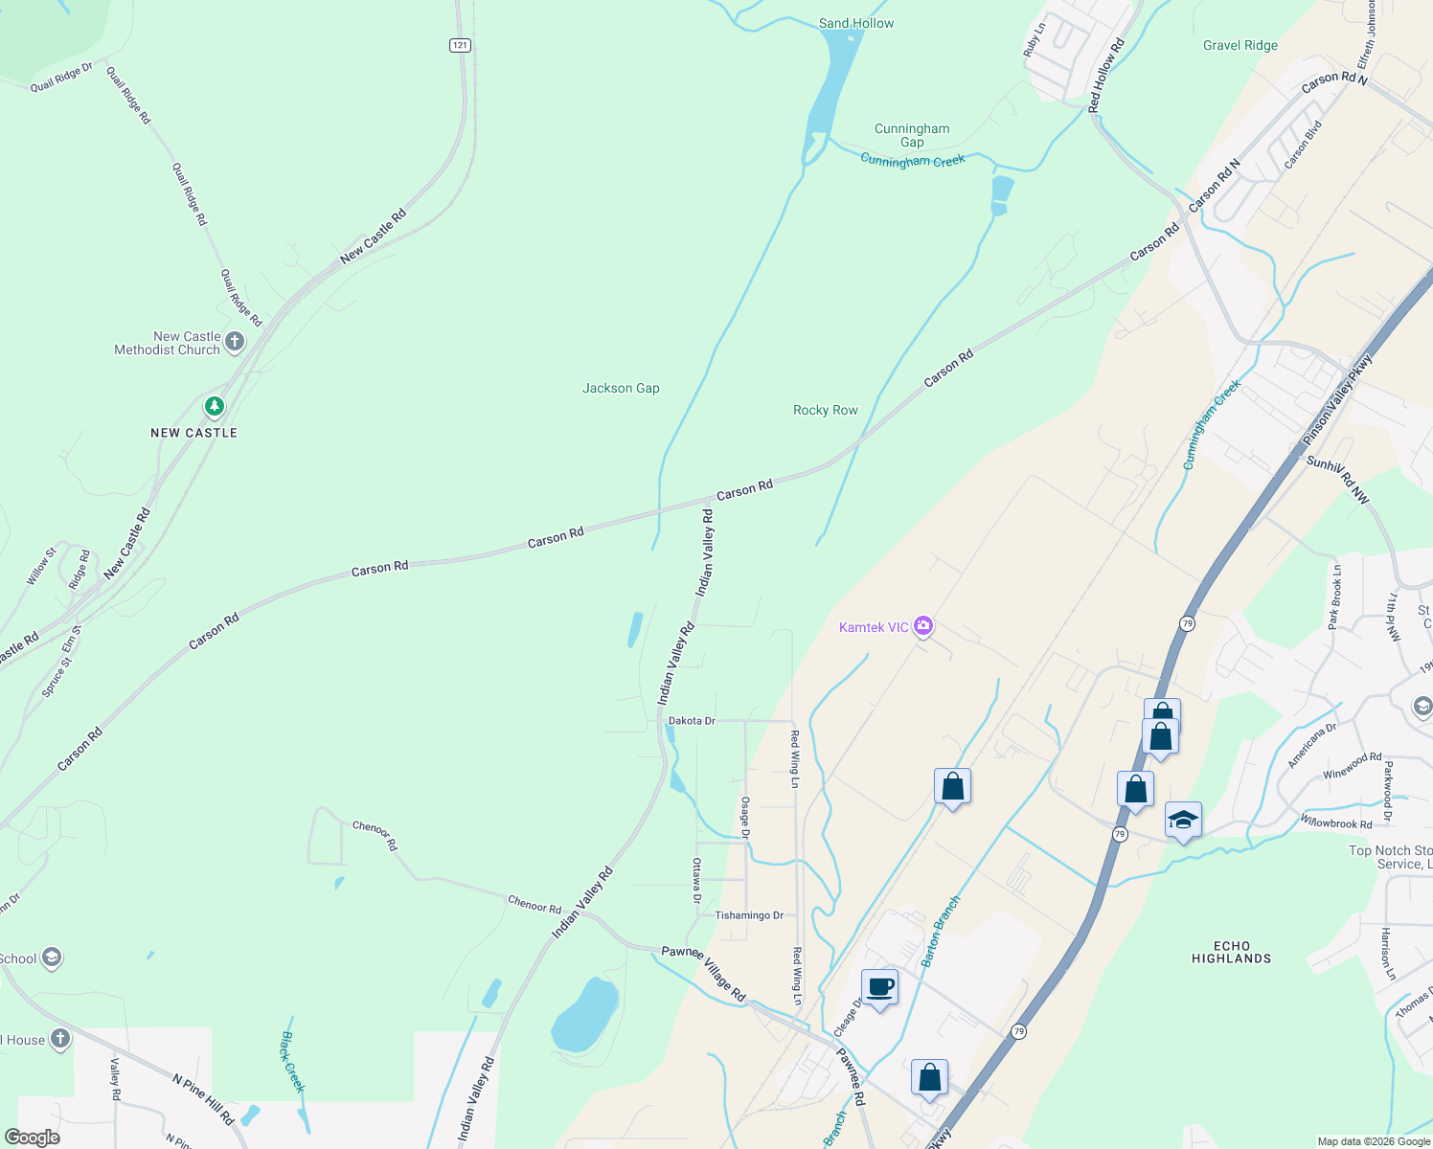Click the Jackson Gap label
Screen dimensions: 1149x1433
[621, 388]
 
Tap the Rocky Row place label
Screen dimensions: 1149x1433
[825, 410]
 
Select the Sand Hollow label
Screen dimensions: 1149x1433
[855, 23]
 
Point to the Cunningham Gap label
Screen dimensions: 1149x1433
[912, 135]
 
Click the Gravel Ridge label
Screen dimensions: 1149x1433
[1240, 45]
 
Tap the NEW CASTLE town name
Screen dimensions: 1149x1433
[193, 433]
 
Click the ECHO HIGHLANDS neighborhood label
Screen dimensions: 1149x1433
[1231, 952]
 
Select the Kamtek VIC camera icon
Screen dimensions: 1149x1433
[923, 626]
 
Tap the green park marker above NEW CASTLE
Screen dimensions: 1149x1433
[214, 406]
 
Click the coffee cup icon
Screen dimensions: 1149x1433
[879, 987]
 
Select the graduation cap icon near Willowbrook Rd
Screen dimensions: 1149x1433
[1183, 821]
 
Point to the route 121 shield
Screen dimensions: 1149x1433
[461, 45]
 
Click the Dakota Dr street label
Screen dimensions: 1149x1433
[692, 721]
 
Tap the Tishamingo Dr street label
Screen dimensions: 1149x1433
[749, 915]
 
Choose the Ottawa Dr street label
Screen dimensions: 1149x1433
[696, 880]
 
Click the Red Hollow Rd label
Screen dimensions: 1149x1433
[1106, 76]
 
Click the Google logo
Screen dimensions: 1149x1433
[32, 1137]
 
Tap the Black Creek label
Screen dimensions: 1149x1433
[292, 1062]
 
